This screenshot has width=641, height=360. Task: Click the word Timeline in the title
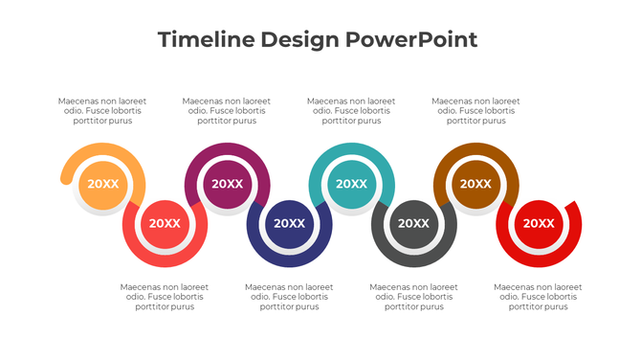click(x=203, y=39)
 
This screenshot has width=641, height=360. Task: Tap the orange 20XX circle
click(x=102, y=185)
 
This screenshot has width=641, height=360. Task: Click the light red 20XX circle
click(x=165, y=223)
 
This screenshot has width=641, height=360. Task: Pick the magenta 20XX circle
click(x=227, y=185)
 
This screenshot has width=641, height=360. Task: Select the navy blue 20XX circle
click(x=289, y=223)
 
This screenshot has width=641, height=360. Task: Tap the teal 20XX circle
click(x=351, y=185)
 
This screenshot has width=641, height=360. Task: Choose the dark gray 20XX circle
click(x=413, y=223)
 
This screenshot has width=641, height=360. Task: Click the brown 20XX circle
click(x=475, y=185)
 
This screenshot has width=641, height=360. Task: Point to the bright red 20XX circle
click(x=538, y=223)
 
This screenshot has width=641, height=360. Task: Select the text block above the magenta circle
click(x=227, y=111)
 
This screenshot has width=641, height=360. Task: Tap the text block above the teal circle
click(x=351, y=111)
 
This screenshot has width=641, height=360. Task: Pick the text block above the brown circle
click(x=476, y=111)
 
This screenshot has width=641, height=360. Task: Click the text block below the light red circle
click(x=165, y=297)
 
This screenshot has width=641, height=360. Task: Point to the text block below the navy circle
click(x=289, y=297)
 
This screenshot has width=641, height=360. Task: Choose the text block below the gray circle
click(x=413, y=297)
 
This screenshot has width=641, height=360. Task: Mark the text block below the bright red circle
click(x=538, y=297)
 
